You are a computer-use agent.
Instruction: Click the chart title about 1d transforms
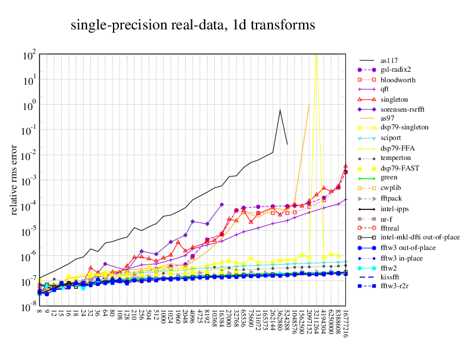click(193, 25)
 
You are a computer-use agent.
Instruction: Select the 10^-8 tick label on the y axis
click(30, 308)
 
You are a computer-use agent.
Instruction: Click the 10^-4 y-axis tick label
click(30, 206)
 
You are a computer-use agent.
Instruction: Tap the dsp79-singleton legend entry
click(404, 127)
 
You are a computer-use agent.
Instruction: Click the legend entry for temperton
click(395, 158)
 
